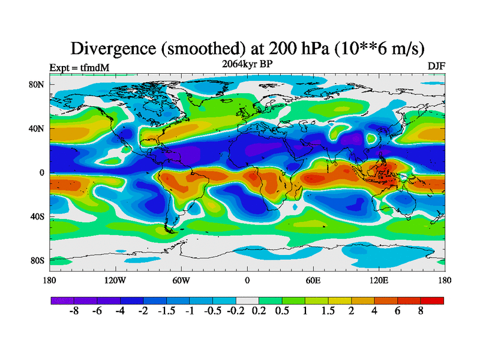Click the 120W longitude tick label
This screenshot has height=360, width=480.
115,280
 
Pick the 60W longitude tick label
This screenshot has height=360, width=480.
181,280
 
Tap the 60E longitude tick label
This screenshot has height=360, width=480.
313,280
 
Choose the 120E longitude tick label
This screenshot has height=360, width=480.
379,280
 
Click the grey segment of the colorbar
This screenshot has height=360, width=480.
247,301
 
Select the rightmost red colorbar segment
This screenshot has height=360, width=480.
432,301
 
